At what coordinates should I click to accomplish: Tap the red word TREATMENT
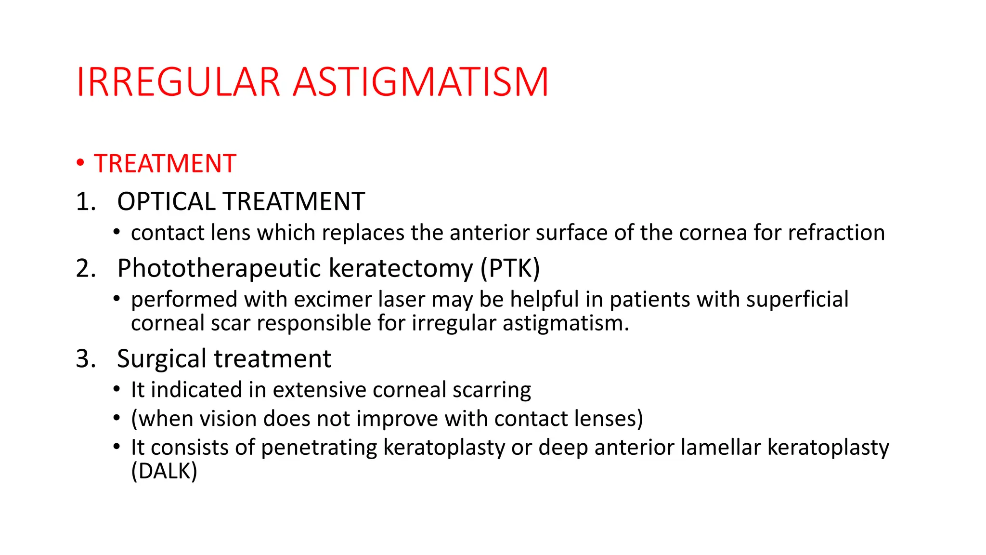tap(165, 163)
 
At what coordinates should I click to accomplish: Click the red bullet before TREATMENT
tap(80, 162)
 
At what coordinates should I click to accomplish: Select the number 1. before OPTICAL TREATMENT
tap(86, 201)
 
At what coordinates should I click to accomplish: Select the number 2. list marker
tap(86, 268)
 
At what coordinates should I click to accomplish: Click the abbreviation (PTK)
tap(510, 268)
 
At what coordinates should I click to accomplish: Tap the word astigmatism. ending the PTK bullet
tap(566, 323)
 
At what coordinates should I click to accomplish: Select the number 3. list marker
tap(86, 359)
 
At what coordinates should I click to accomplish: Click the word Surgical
tap(162, 359)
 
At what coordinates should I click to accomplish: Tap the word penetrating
tap(319, 448)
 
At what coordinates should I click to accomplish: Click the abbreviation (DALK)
tap(164, 471)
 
